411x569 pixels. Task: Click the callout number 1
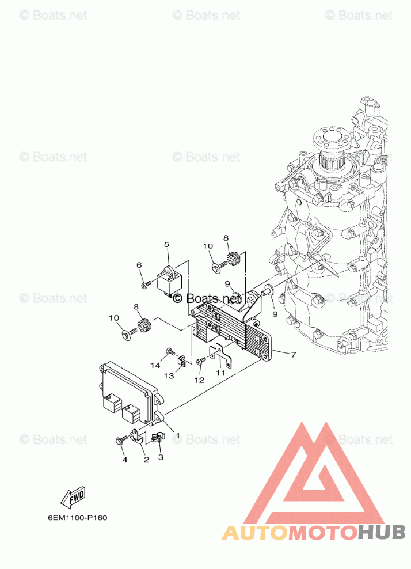pos(178,435)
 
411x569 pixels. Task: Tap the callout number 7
pos(293,354)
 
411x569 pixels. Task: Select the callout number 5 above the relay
pos(166,244)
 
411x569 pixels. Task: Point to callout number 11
pos(221,372)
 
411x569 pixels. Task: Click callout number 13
pos(169,376)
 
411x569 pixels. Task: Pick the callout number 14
pos(155,365)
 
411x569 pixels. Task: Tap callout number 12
pos(199,380)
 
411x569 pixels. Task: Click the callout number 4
pos(125,460)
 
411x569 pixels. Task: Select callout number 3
pos(161,457)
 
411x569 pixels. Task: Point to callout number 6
pos(139,265)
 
